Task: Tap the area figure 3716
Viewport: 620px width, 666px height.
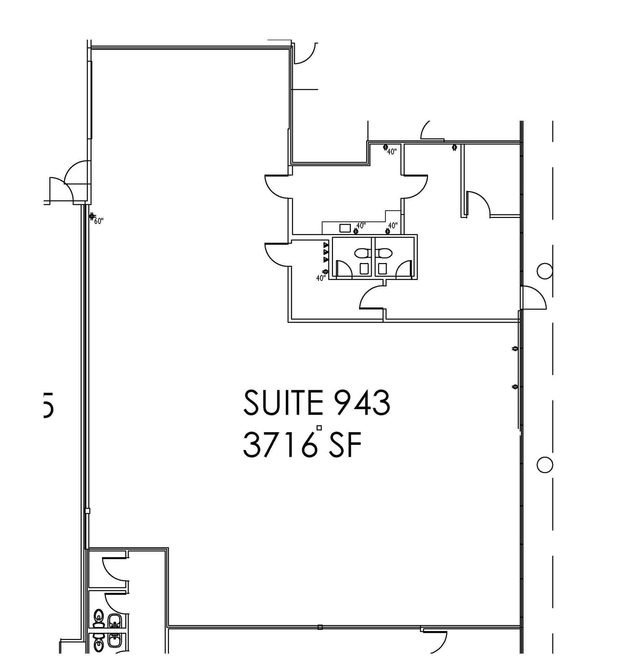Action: pyautogui.click(x=280, y=445)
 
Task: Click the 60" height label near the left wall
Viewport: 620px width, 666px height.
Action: pyautogui.click(x=99, y=221)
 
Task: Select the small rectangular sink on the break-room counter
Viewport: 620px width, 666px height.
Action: pyautogui.click(x=345, y=228)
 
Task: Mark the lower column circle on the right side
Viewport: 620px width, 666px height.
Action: pyautogui.click(x=544, y=465)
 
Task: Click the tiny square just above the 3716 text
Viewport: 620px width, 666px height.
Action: pyautogui.click(x=319, y=428)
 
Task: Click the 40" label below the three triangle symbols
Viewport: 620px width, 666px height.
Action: pyautogui.click(x=321, y=278)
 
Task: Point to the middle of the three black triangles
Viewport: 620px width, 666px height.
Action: pyautogui.click(x=325, y=252)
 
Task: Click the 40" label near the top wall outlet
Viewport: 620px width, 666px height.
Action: pyautogui.click(x=392, y=152)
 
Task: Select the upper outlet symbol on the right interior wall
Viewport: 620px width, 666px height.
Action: pyautogui.click(x=516, y=348)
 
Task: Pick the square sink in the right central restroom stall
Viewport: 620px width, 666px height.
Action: pyautogui.click(x=381, y=268)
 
